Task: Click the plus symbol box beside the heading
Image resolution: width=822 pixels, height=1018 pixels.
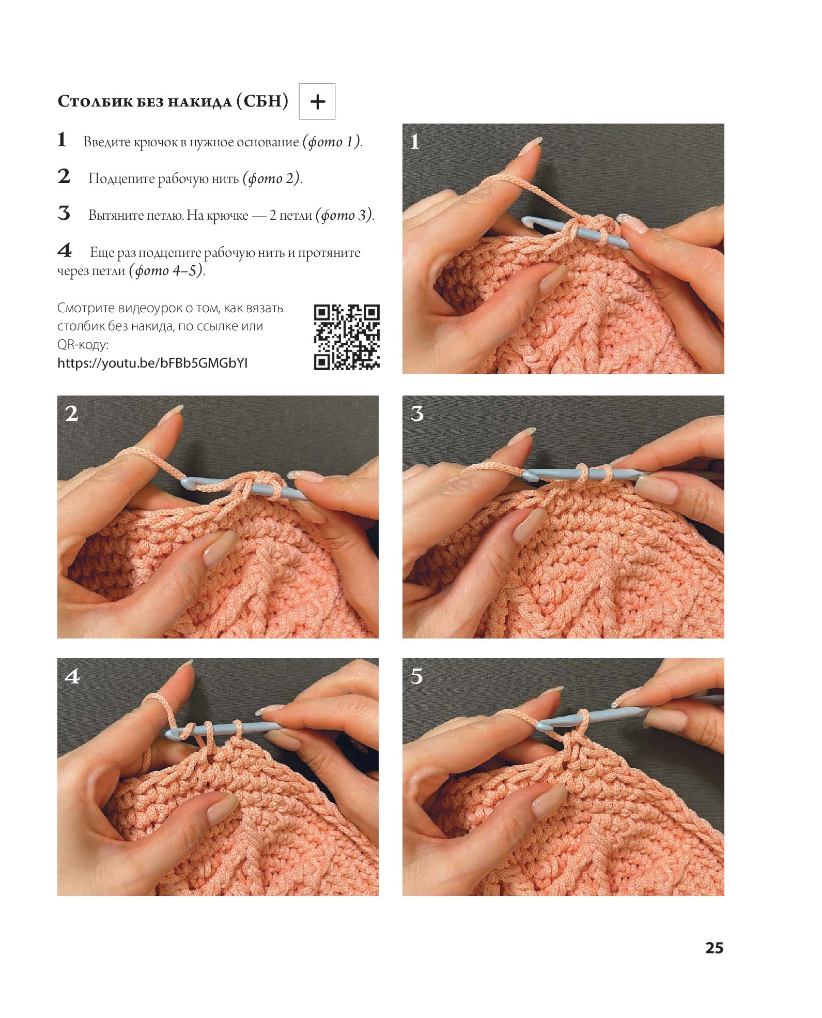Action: [317, 101]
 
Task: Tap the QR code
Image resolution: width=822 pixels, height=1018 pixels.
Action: [347, 337]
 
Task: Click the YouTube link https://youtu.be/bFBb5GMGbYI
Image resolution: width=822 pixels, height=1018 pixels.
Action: [152, 363]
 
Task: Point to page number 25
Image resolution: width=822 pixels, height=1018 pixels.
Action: [714, 948]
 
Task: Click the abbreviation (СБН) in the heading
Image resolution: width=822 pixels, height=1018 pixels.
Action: [262, 101]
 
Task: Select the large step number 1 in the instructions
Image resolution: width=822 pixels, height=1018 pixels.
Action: [62, 140]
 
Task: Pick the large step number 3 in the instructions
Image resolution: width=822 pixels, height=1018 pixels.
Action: [64, 213]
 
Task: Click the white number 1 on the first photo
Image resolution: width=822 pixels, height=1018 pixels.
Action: [414, 141]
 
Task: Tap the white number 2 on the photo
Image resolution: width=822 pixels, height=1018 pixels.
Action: [71, 413]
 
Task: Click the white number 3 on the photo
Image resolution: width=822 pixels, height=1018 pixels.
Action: [417, 413]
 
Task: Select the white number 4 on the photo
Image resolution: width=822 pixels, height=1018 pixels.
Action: [72, 676]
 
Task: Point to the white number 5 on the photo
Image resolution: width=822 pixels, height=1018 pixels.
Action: [417, 676]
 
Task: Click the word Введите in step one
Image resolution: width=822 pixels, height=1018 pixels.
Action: [107, 142]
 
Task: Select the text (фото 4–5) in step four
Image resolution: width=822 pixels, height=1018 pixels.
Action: [166, 270]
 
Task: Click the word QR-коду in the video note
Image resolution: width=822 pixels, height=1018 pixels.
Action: [83, 345]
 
